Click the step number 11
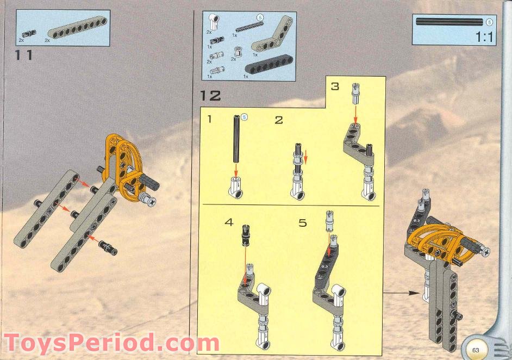[x=24, y=55]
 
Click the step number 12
[x=210, y=96]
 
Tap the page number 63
[x=476, y=349]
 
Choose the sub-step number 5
[x=303, y=222]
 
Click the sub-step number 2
[x=279, y=120]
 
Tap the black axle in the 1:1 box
[x=449, y=22]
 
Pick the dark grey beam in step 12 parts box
[x=268, y=69]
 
